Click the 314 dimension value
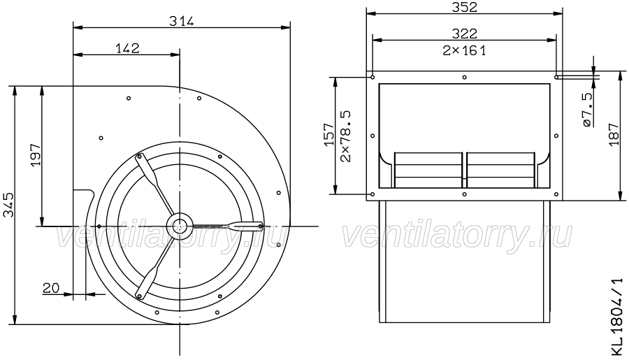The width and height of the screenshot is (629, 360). point(181,21)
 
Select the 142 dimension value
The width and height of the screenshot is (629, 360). point(128,48)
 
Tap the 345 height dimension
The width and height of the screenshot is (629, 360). point(8,205)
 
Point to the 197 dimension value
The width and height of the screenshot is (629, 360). point(36,154)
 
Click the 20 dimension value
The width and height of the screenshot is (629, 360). point(51,288)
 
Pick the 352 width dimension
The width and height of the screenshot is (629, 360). point(465,7)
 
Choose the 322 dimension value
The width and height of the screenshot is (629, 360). point(465,34)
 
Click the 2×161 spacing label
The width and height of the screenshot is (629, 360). point(465,50)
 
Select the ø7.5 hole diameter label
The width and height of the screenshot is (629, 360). point(586,110)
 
